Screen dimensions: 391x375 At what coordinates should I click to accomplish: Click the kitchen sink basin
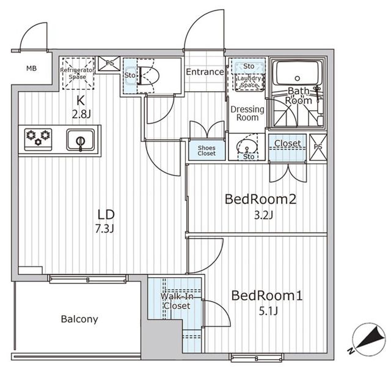point(81,140)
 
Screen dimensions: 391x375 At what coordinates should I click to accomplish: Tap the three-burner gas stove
point(38,139)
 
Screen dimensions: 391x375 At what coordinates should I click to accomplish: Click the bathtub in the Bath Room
point(296,73)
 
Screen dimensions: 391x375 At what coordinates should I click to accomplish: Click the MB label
point(31,68)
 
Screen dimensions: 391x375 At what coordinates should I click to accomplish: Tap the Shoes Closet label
point(206,150)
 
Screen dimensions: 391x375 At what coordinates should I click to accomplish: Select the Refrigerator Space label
point(78,73)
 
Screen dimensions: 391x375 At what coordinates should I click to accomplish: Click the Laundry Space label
point(249,81)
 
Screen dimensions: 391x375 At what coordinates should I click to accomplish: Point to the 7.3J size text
point(104,228)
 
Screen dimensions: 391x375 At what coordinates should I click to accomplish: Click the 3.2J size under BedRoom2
point(263,215)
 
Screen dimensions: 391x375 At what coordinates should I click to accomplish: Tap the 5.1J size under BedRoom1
point(268,311)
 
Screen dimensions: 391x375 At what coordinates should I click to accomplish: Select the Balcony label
point(79,319)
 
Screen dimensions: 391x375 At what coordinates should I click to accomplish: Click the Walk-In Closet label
point(177,301)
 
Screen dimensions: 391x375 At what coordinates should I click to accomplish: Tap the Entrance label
point(205,72)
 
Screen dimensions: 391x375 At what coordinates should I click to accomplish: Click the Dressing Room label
point(247,113)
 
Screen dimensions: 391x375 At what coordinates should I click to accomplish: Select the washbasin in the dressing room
point(247,146)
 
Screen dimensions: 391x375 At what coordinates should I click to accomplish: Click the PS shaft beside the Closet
point(318,147)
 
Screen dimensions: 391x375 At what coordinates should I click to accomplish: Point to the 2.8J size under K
point(81,114)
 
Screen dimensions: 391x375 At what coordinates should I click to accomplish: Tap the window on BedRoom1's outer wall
point(257,357)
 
